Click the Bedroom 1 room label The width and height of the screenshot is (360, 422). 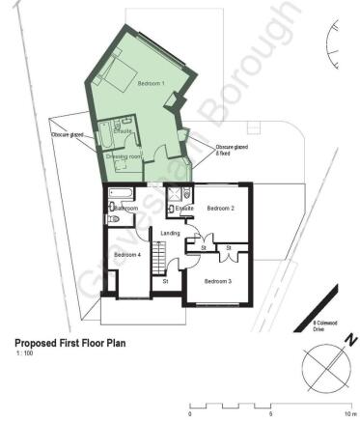(151, 84)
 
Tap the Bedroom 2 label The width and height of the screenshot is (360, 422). (220, 208)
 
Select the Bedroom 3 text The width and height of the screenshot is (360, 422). (216, 281)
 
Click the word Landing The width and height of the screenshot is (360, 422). (170, 233)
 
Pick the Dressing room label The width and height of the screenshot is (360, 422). (124, 155)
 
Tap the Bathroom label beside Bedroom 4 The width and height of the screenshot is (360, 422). (126, 209)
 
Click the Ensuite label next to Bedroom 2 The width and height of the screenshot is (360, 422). (185, 209)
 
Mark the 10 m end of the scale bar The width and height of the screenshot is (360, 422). (351, 414)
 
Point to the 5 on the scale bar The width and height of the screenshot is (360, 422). (270, 414)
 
